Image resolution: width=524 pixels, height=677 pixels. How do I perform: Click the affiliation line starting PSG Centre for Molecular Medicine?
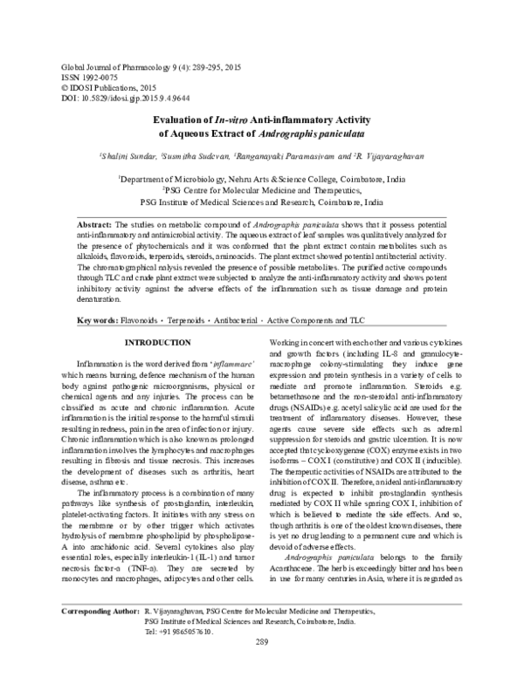coord(262,187)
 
